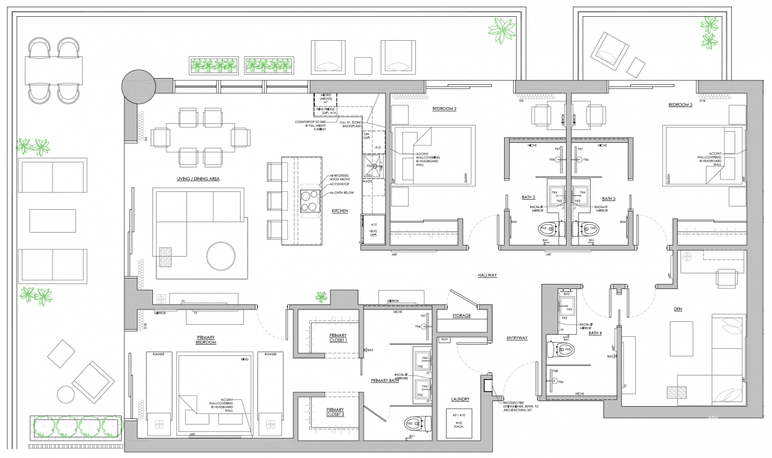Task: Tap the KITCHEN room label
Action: point(339,211)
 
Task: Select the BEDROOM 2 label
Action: point(444,109)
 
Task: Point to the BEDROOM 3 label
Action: point(680,105)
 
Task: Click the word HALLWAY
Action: point(487,276)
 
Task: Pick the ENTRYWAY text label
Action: point(518,338)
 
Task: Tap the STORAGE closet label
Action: point(462,316)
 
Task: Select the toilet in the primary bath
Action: point(417,424)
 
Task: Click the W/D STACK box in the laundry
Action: point(463,422)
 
